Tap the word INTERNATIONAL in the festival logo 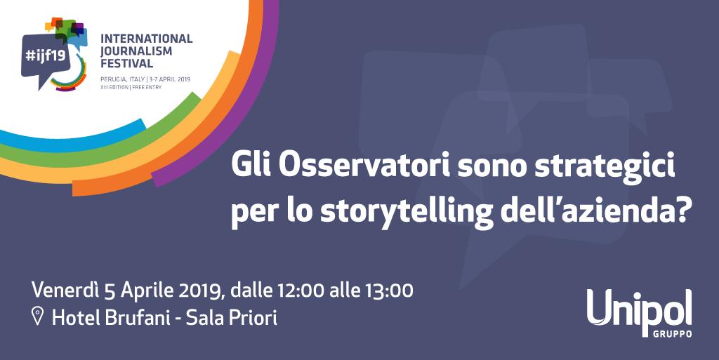[146, 39]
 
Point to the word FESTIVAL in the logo [127, 64]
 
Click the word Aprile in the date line [142, 290]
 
